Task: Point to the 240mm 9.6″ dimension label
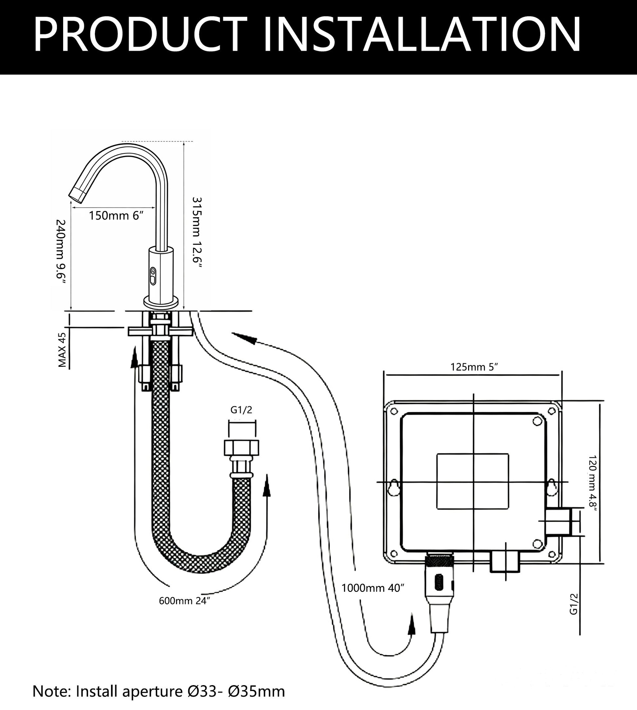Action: [x=61, y=252]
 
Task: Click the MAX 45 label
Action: [x=62, y=350]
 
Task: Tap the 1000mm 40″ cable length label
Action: [x=373, y=588]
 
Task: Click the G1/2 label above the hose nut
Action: [x=241, y=410]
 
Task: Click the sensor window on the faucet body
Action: [x=153, y=276]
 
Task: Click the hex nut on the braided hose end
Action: [x=242, y=448]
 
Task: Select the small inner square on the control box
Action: [x=473, y=481]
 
